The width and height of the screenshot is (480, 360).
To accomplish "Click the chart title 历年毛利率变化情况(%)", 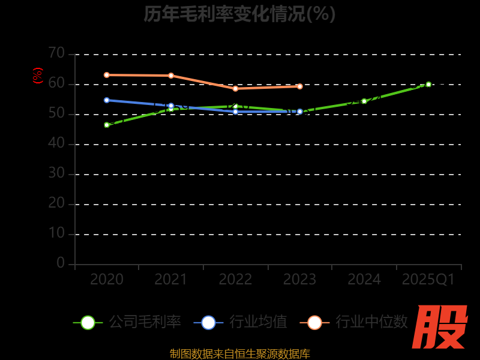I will (239, 13).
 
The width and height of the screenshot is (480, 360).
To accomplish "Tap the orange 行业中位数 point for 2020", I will (107, 75).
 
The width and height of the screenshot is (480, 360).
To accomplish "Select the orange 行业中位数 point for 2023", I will (300, 86).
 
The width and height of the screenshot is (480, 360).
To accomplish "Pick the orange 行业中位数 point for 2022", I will (235, 88).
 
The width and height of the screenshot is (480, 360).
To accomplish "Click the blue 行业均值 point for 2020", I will (107, 100).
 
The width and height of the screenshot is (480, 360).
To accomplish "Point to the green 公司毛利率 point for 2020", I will (107, 125).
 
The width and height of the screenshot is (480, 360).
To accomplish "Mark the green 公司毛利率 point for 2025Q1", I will (428, 85).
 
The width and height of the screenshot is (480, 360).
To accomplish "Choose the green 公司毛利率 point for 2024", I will (364, 101).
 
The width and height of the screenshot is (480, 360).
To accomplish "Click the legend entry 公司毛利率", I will (127, 322).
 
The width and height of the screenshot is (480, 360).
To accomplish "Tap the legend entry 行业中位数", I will (354, 322).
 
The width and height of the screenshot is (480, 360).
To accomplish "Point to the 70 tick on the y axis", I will (56, 53).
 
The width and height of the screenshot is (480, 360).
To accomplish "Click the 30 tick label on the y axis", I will (56, 173).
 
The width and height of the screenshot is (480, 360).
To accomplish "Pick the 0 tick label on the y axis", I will (61, 263).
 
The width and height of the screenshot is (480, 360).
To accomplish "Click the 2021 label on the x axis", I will (171, 280).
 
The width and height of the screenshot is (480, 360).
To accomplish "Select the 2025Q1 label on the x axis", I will (428, 280).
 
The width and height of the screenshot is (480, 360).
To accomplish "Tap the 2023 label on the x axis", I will (300, 280).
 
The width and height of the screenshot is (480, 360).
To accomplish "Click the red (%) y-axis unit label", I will (38, 76).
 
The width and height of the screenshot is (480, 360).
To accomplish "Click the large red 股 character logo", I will (440, 326).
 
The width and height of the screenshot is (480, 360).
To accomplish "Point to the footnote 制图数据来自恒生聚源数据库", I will (240, 353).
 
